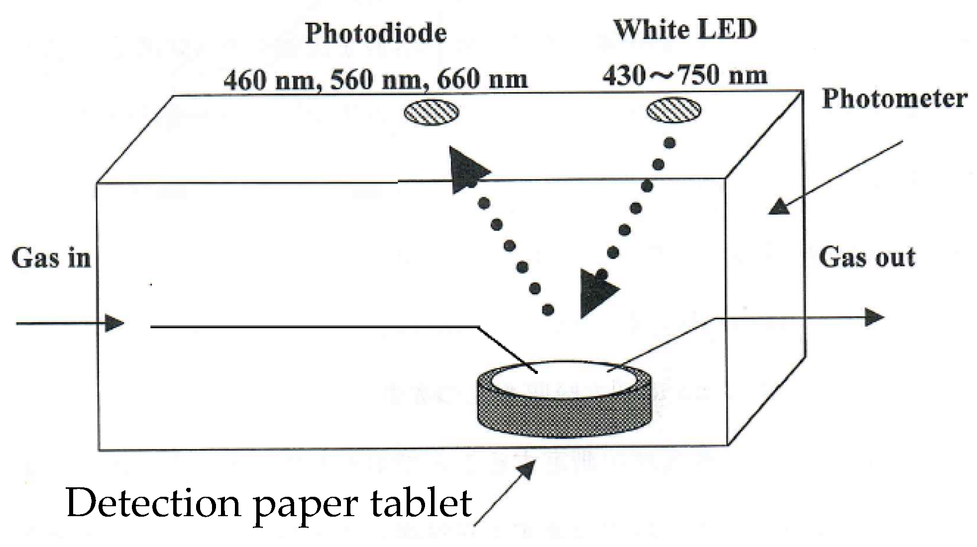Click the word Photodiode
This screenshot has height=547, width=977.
[x=376, y=34]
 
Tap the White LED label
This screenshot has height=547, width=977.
[x=685, y=30]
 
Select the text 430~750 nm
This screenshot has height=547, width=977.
[x=685, y=76]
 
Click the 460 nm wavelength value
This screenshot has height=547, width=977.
[x=269, y=80]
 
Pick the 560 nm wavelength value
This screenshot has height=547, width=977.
[x=375, y=80]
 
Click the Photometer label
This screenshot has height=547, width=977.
[x=894, y=98]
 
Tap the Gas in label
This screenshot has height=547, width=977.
[x=51, y=259]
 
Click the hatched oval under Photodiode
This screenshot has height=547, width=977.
[x=431, y=112]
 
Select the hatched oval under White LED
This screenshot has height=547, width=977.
[x=673, y=110]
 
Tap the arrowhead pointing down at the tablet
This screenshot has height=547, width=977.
[x=597, y=293]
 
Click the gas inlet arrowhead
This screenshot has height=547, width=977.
[x=115, y=324]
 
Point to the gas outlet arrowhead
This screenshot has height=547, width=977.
[x=874, y=317]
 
